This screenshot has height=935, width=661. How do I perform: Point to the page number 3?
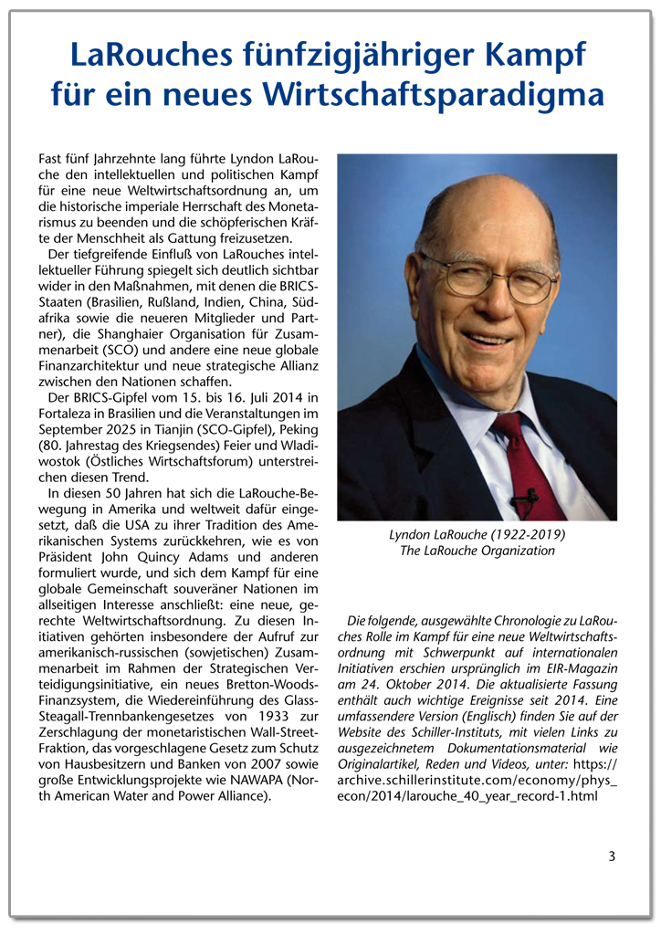tap(613, 856)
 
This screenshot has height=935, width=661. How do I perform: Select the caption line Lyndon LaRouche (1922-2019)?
tap(477, 534)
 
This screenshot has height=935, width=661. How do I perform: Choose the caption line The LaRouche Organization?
tap(477, 551)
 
